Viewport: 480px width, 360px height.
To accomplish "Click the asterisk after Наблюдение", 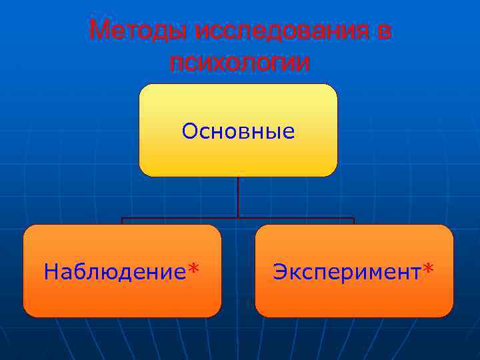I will (193, 268).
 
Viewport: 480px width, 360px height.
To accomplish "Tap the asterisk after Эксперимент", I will (428, 268).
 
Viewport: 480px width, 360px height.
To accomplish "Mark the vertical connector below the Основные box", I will (238, 197).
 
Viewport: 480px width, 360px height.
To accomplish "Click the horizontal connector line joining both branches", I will (238, 218).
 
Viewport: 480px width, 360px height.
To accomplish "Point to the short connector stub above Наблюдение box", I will (122, 221).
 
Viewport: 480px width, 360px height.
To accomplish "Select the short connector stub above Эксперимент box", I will (354, 221).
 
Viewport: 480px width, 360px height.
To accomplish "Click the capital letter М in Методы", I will (99, 29).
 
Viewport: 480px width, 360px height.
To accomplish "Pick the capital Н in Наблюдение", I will (51, 271).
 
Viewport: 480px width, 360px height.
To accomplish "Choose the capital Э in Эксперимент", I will (280, 271).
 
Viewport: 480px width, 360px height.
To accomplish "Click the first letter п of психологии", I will (177, 64).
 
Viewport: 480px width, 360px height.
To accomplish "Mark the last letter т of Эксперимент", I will (417, 273).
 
